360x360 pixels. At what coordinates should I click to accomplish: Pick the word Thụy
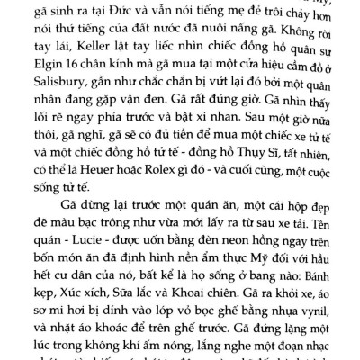click(268, 170)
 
